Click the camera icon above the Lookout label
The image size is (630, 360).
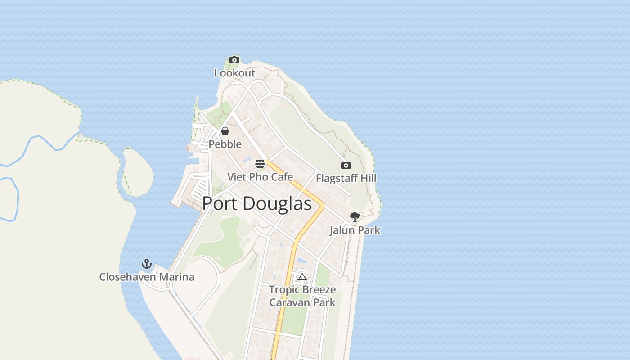[x=234, y=60]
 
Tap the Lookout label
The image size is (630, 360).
[x=234, y=73]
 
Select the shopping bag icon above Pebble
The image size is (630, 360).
[x=225, y=131]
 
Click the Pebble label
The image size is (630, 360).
[x=225, y=144]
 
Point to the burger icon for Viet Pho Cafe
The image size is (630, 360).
[x=260, y=163]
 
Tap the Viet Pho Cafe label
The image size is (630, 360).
[x=260, y=177]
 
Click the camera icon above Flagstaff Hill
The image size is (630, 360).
[x=346, y=165]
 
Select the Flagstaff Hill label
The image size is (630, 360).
[x=346, y=178]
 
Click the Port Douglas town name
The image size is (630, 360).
[x=257, y=204]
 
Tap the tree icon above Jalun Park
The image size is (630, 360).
[x=355, y=217]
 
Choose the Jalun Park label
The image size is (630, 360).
[x=355, y=230]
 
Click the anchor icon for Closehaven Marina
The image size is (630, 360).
[x=147, y=264]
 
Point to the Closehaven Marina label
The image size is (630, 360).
[x=147, y=277]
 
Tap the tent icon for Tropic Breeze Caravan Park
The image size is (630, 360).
[x=302, y=276]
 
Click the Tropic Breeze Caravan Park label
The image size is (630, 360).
[x=302, y=296]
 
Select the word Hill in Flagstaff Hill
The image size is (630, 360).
[x=367, y=178]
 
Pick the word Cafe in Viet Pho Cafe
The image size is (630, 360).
[x=282, y=177]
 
